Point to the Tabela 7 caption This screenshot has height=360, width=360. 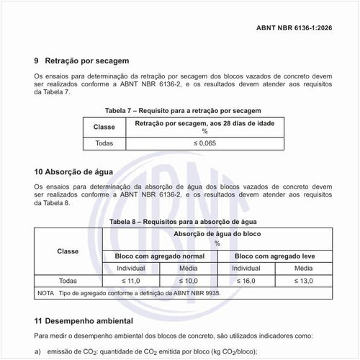(180, 110)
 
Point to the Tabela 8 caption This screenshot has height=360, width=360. (180, 222)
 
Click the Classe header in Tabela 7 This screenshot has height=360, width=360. (104, 127)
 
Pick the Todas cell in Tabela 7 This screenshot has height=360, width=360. (104, 143)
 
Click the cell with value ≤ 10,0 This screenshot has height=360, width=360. (189, 280)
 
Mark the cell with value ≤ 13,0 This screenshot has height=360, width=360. (304, 280)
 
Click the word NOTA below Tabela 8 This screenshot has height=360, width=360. (45, 294)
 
